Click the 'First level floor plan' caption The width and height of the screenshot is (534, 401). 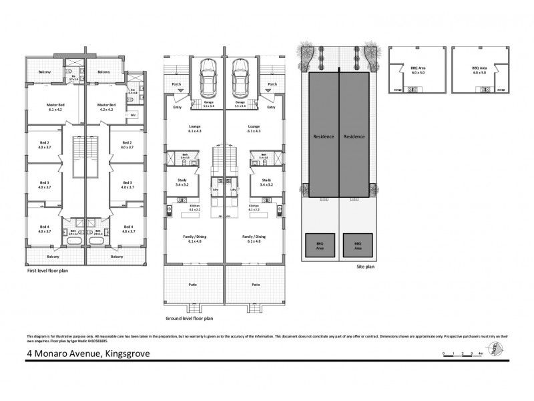(47, 271)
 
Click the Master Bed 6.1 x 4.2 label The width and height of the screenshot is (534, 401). (55, 107)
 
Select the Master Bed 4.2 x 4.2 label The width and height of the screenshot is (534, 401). (107, 107)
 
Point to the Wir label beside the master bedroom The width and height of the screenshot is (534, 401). (133, 115)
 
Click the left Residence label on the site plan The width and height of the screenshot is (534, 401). (323, 136)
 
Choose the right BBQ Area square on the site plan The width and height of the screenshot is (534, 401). (357, 245)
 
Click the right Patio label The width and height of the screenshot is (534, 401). (255, 284)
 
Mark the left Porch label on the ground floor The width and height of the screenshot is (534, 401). (177, 84)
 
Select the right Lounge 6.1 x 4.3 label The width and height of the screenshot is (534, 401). (253, 128)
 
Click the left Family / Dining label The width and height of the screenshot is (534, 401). (194, 238)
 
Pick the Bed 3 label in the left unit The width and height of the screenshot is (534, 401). (45, 185)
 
